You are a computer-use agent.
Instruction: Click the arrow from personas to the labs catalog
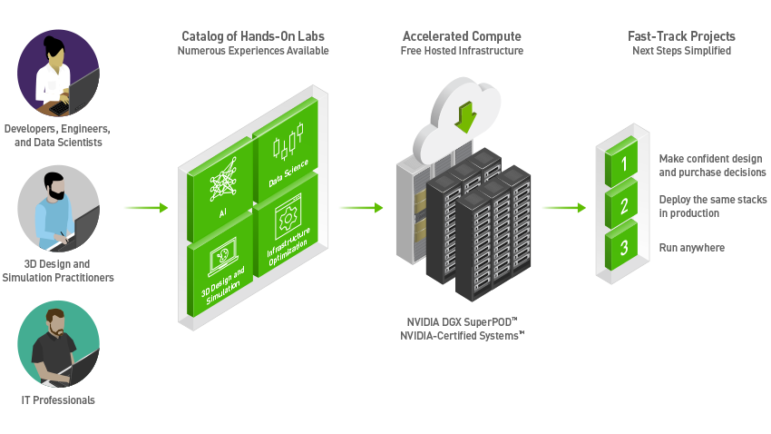[146, 208]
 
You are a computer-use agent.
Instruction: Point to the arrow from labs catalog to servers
[361, 208]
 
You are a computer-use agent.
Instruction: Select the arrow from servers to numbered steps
[564, 208]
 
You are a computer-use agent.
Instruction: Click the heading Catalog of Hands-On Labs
[253, 36]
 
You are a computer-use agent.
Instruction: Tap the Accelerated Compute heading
[462, 36]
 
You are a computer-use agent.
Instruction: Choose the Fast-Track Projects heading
[681, 36]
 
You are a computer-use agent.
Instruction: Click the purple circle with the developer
[58, 72]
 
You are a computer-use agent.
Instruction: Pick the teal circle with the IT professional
[58, 343]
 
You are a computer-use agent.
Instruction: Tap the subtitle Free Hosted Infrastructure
[462, 51]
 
